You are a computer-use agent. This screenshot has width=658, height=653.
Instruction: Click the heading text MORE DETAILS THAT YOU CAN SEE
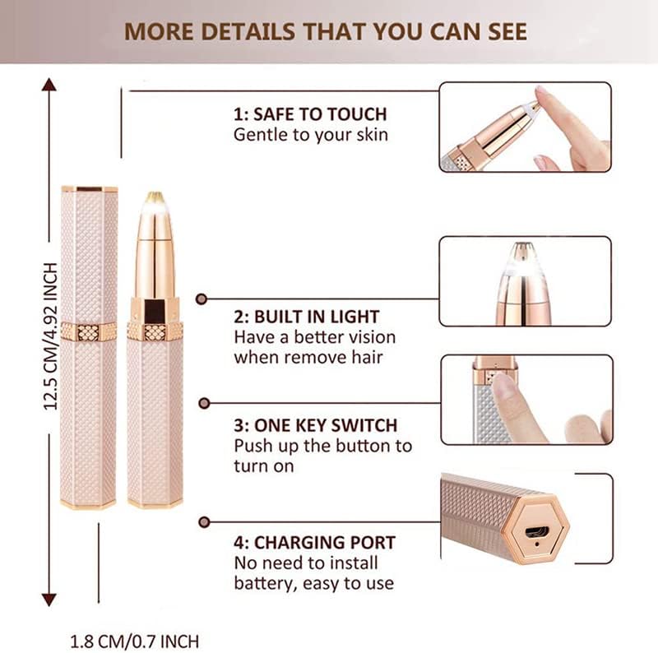326,32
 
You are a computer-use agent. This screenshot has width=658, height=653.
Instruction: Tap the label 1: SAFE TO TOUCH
310,114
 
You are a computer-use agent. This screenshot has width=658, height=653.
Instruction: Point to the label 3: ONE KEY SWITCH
316,425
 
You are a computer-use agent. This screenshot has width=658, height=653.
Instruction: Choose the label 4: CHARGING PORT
315,543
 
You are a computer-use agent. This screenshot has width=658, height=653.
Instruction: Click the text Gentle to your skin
311,135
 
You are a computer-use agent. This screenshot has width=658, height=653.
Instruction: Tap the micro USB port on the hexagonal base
537,532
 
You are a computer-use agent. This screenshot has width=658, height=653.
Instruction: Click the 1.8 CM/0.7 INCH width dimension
134,641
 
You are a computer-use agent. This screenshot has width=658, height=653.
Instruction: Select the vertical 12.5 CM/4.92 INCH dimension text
50,336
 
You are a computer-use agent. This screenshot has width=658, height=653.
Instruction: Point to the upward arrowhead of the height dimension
49,85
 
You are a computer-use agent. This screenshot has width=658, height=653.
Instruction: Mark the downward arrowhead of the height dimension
49,600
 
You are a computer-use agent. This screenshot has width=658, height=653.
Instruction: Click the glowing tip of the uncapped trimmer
154,202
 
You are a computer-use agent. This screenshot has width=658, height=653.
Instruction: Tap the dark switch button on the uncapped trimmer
155,311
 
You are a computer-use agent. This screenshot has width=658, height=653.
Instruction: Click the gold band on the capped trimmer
89,332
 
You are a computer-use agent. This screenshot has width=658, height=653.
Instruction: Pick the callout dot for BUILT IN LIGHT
202,299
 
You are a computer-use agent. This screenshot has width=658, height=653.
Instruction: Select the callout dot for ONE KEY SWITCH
204,403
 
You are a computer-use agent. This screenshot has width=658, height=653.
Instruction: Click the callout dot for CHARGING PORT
204,522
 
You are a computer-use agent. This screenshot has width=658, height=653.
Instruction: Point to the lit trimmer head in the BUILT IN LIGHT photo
523,283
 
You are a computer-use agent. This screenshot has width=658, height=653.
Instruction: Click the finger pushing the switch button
517,403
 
